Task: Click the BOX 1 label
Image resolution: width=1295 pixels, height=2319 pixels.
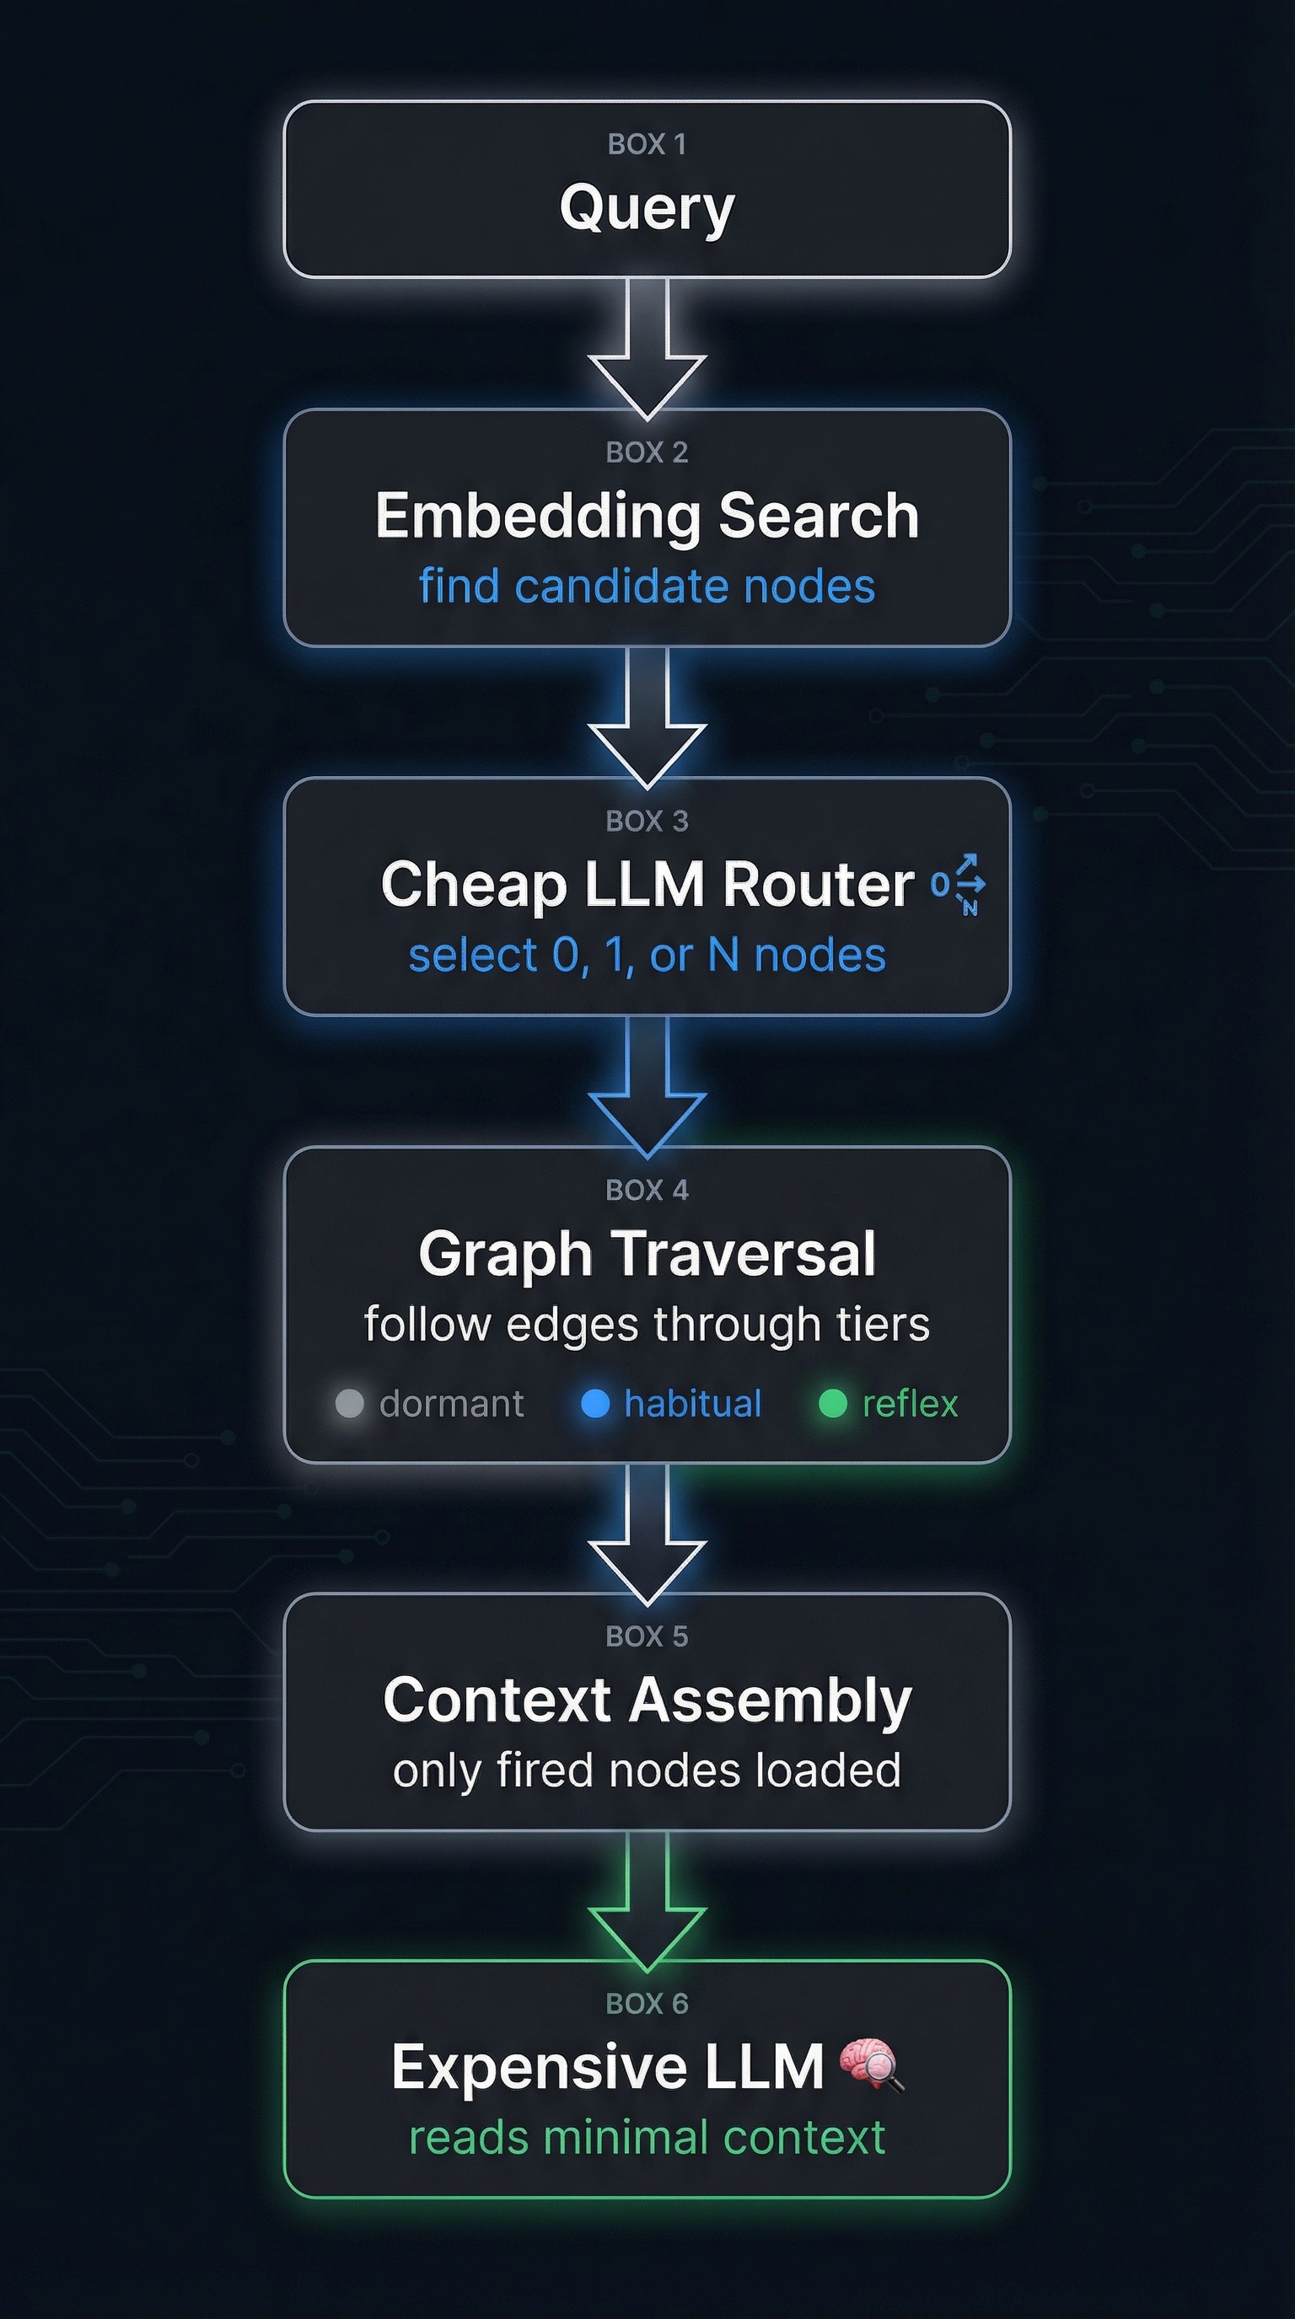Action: pos(647,144)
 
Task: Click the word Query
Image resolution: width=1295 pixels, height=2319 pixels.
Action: pos(647,209)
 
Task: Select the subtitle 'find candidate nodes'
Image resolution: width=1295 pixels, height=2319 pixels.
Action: pos(647,586)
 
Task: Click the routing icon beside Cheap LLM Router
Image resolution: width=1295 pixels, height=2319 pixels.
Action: pos(959,884)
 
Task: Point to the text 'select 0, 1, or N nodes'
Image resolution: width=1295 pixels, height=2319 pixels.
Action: pos(647,955)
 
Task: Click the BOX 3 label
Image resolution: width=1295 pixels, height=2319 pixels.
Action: pos(647,821)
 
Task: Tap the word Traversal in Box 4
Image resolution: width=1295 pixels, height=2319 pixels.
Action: pos(743,1253)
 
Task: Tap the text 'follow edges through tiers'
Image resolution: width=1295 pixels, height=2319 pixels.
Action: pos(647,1325)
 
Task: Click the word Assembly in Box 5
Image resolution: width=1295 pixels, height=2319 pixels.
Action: pos(770,1700)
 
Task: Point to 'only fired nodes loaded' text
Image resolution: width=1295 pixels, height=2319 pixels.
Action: pos(647,1770)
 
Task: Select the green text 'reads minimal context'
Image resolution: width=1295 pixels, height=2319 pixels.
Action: pos(647,2138)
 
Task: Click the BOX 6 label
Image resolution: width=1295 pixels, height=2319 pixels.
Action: pos(647,2004)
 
